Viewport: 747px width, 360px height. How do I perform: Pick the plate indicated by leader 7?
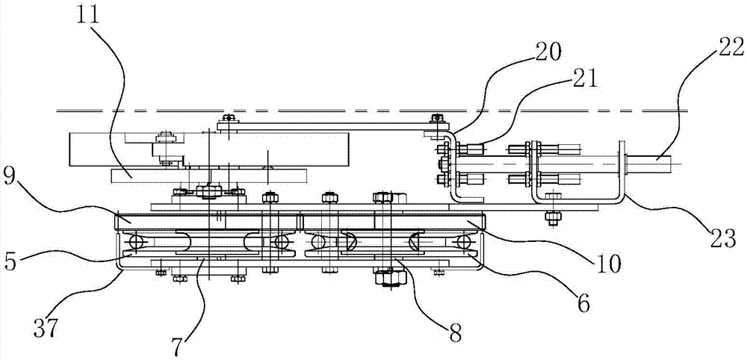point(202,258)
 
